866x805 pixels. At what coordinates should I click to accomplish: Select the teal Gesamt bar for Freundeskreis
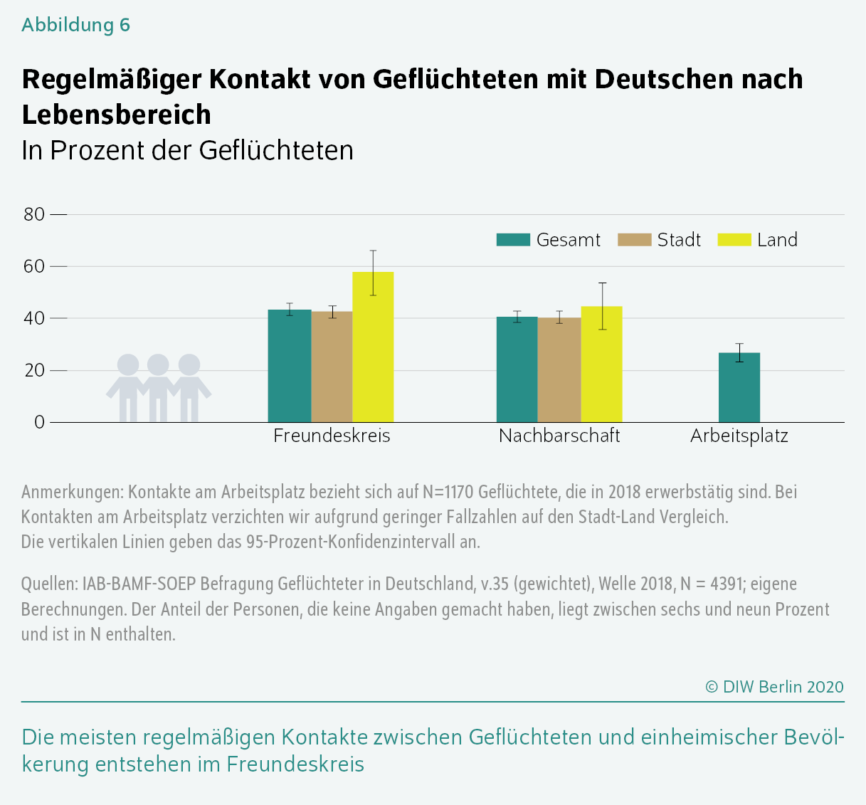pyautogui.click(x=290, y=366)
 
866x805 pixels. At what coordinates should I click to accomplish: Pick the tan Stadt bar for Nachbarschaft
pyautogui.click(x=559, y=370)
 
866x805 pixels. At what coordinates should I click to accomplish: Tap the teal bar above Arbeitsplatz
pyautogui.click(x=739, y=388)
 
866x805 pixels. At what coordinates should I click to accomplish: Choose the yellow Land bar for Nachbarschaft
pyautogui.click(x=602, y=364)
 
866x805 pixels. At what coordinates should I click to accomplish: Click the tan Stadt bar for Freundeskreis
pyautogui.click(x=332, y=367)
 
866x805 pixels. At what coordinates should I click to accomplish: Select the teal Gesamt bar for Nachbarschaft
pyautogui.click(x=517, y=369)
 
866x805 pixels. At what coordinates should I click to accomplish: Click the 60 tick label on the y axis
pyautogui.click(x=34, y=266)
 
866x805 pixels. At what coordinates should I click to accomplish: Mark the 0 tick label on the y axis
pyautogui.click(x=39, y=422)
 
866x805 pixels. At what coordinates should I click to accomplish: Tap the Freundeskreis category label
pyautogui.click(x=332, y=436)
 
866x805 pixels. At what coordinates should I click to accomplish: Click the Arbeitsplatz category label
pyautogui.click(x=739, y=436)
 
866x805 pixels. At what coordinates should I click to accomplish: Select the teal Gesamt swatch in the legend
pyautogui.click(x=513, y=240)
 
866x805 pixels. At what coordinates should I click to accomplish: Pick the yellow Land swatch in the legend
pyautogui.click(x=734, y=240)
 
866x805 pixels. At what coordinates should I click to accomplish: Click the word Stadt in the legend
pyautogui.click(x=679, y=240)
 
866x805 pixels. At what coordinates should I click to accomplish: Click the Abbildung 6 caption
pyautogui.click(x=76, y=25)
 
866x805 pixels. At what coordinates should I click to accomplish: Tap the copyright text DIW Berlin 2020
pyautogui.click(x=774, y=687)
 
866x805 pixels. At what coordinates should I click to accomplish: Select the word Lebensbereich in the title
pyautogui.click(x=117, y=114)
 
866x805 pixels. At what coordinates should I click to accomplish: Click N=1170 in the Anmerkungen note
pyautogui.click(x=448, y=492)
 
